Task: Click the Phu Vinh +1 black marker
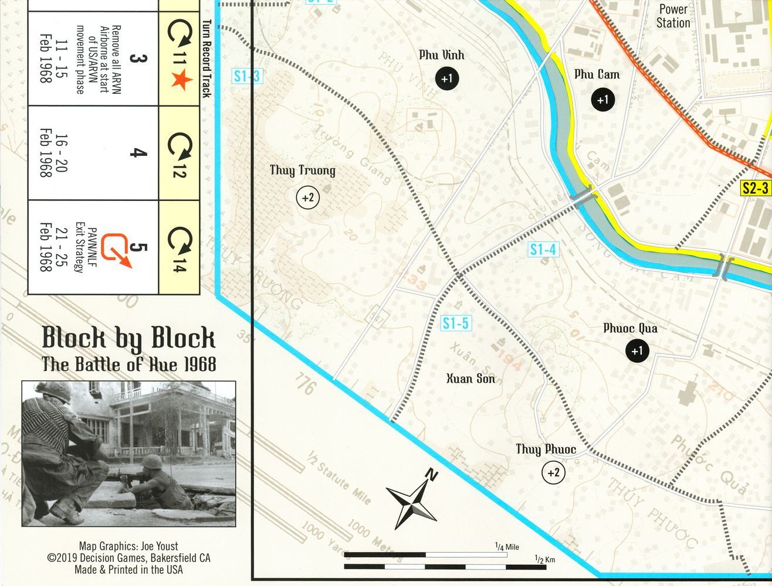tap(447, 78)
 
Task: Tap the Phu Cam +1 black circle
tap(602, 100)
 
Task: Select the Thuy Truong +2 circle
tap(308, 197)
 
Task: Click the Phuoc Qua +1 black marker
tap(636, 350)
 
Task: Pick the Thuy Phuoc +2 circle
tap(553, 472)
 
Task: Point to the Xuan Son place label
tap(470, 379)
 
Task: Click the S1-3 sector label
tap(246, 76)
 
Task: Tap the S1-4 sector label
tap(543, 250)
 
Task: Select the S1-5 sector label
tap(456, 323)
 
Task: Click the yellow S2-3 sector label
tap(755, 188)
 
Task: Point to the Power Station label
tap(673, 16)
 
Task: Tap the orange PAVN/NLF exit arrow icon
tap(116, 251)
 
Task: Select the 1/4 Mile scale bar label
tap(507, 547)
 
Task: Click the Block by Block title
tap(128, 338)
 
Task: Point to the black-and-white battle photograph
tap(129, 454)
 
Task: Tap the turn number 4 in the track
tap(137, 154)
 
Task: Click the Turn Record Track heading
tap(206, 59)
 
